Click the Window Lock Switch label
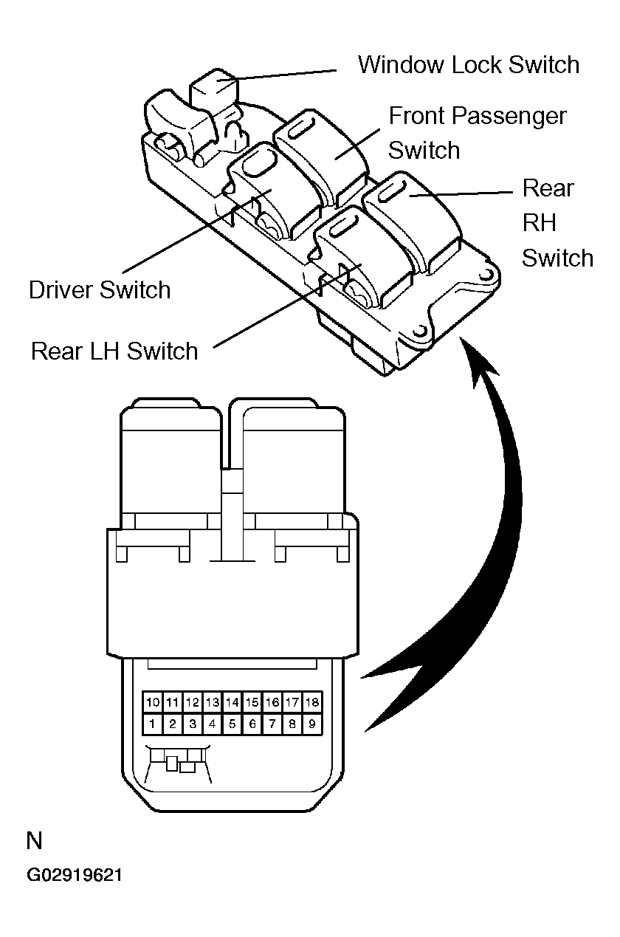469,64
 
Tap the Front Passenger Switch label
477,133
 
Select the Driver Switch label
100,289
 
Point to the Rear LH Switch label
114,350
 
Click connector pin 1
152,724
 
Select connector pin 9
312,724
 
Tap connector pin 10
152,701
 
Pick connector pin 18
312,701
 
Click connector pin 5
232,724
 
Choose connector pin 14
232,701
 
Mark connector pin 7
272,724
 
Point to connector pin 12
192,701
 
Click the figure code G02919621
75,876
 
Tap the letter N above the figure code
35,841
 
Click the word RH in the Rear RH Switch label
539,223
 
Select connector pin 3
192,724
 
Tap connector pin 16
272,701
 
